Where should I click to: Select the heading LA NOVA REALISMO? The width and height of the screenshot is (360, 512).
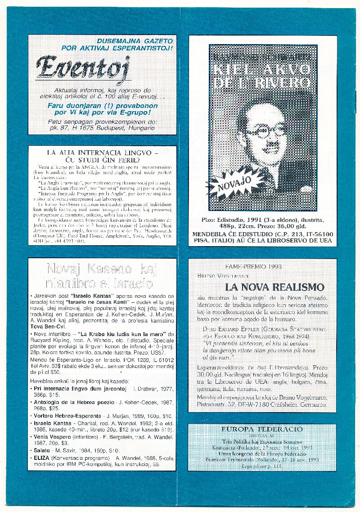click(274, 287)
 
